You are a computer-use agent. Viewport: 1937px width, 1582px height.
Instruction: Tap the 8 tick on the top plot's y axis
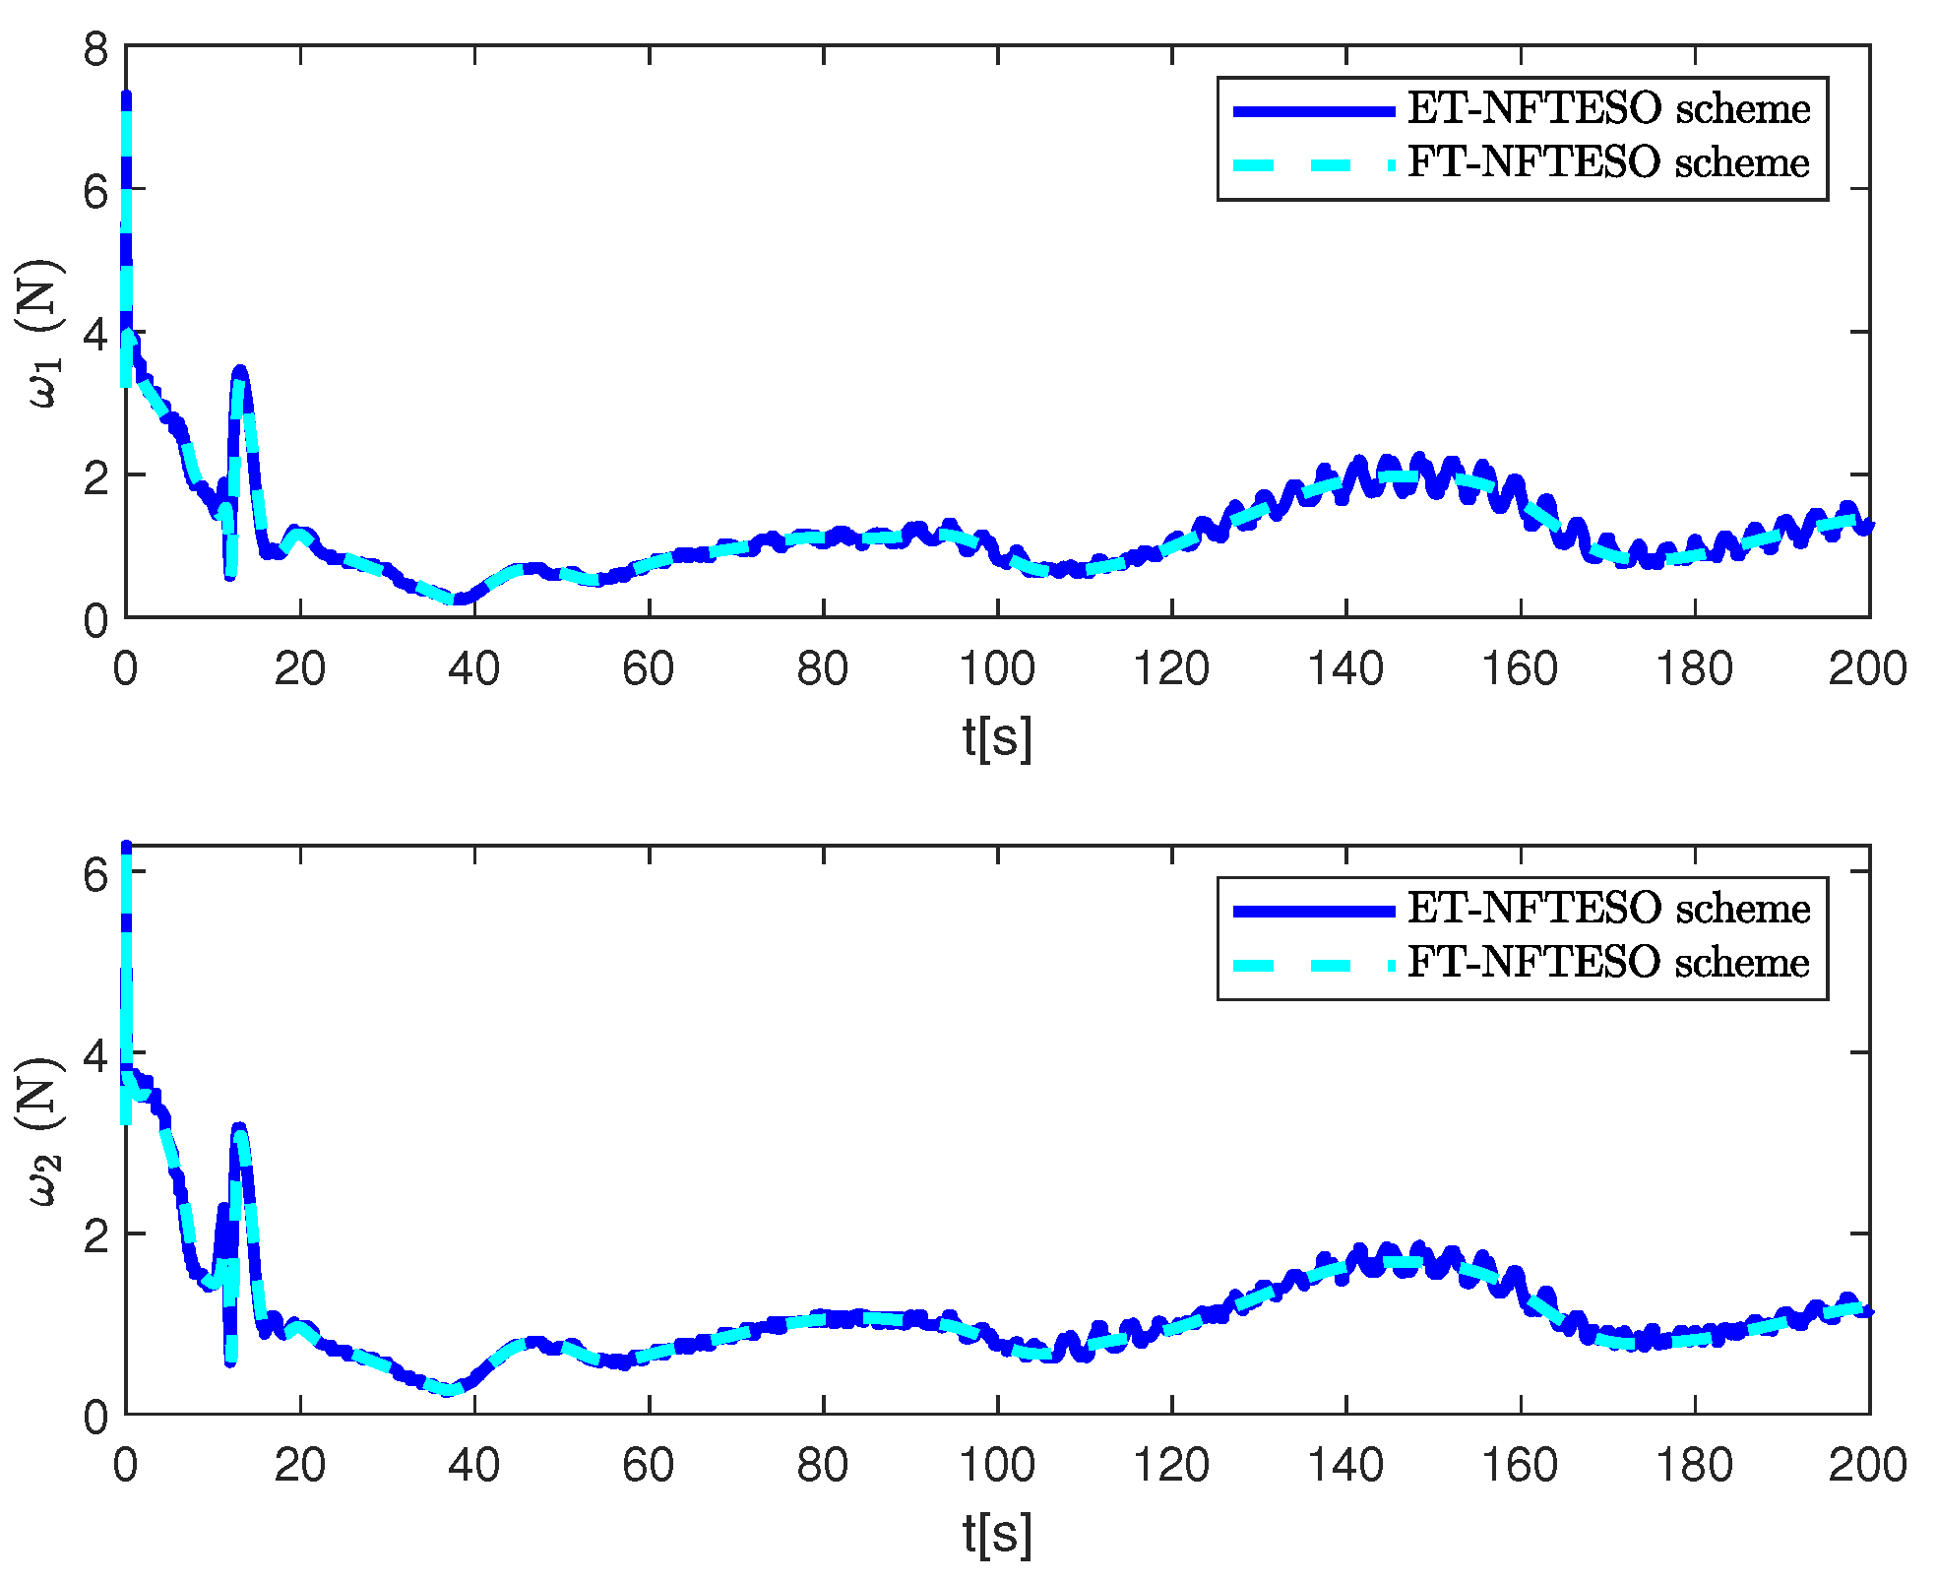tap(95, 47)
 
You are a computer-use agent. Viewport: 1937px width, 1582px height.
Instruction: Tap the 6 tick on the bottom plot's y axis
tap(95, 873)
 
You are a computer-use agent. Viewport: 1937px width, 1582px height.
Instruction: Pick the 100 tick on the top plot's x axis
tap(997, 669)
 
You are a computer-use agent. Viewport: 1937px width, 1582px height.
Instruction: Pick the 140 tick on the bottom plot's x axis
tap(1345, 1466)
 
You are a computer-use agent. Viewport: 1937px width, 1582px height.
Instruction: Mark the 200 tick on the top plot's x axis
tap(1867, 669)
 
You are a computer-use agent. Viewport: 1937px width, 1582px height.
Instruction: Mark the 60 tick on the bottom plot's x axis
tap(649, 1466)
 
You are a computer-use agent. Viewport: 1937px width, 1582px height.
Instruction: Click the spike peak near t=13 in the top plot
tap(240, 371)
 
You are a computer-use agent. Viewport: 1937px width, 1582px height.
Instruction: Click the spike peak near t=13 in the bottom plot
tap(239, 1128)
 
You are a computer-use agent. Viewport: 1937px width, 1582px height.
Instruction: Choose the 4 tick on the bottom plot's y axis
tap(95, 1054)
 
